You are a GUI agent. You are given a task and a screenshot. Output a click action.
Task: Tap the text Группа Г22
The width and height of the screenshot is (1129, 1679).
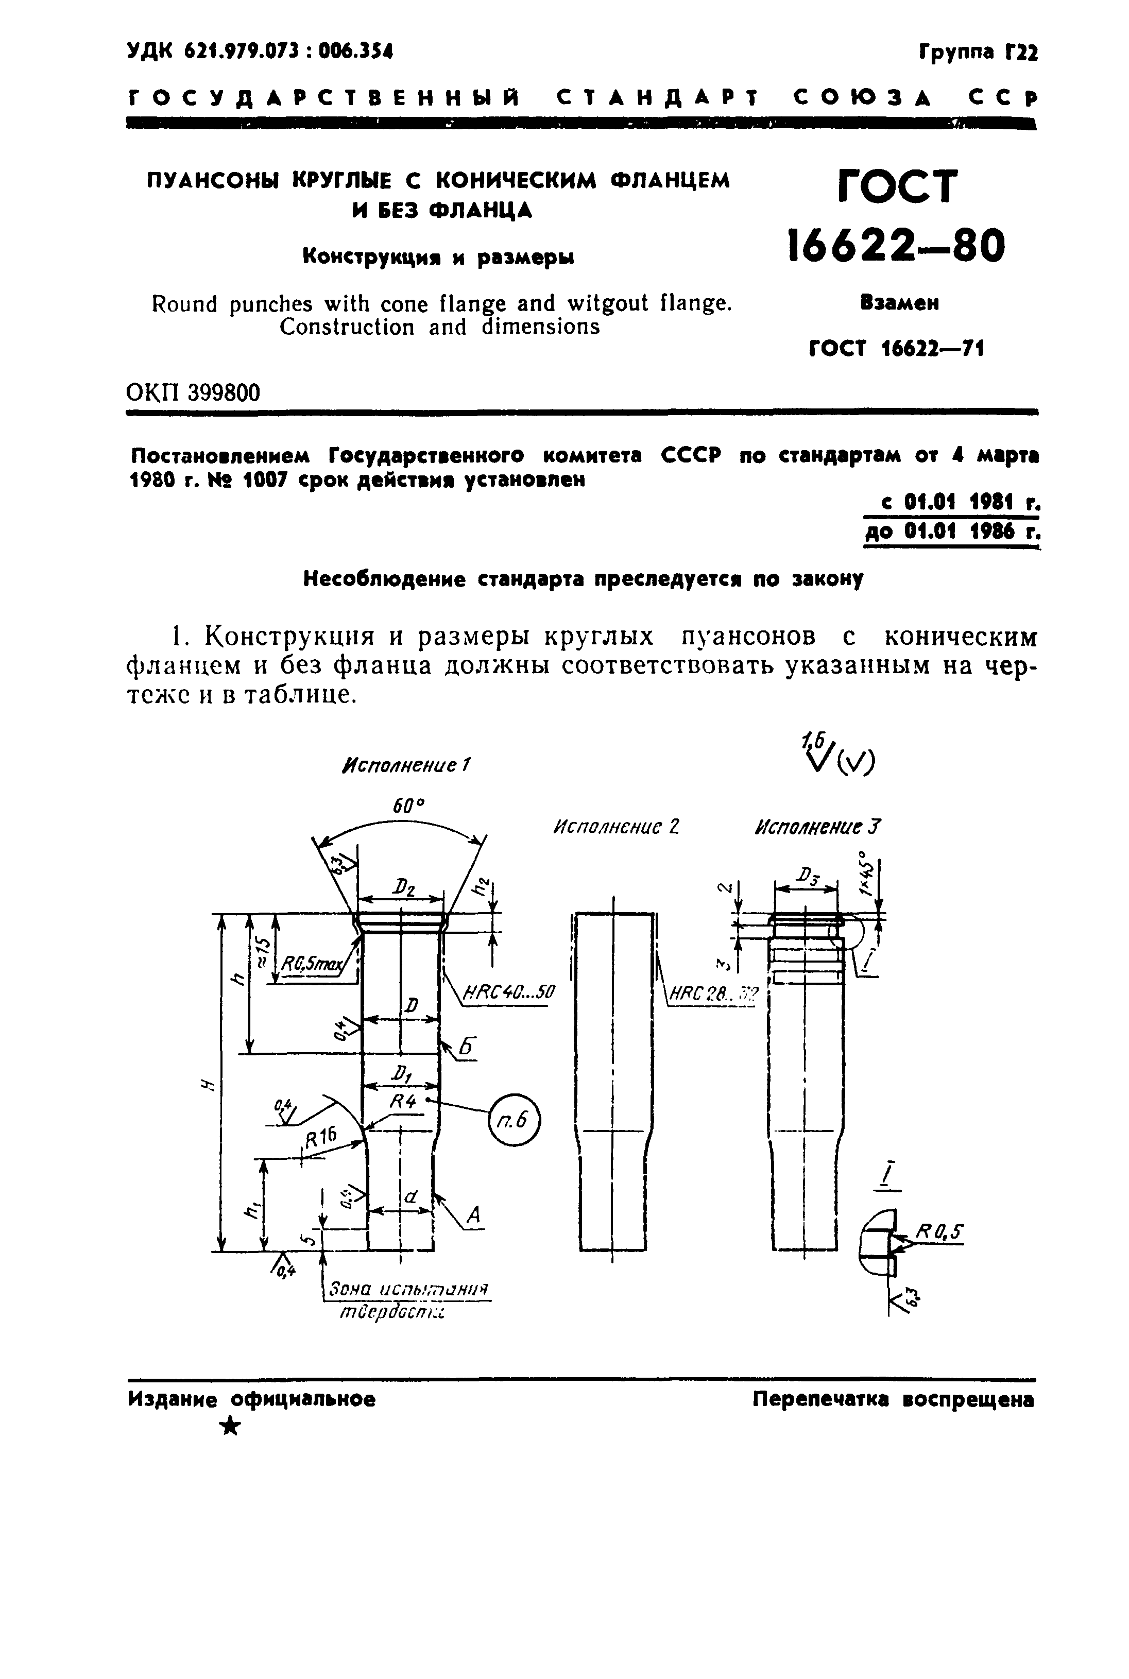(978, 53)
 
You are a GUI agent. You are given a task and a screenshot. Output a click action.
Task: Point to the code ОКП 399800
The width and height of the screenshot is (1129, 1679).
(193, 392)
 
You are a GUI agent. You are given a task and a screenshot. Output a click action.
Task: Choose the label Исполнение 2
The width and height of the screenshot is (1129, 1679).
(615, 827)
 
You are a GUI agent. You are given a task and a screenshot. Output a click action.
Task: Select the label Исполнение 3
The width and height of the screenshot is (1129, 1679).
(817, 827)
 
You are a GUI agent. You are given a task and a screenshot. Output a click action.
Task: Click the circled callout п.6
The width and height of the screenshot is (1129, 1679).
(514, 1120)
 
